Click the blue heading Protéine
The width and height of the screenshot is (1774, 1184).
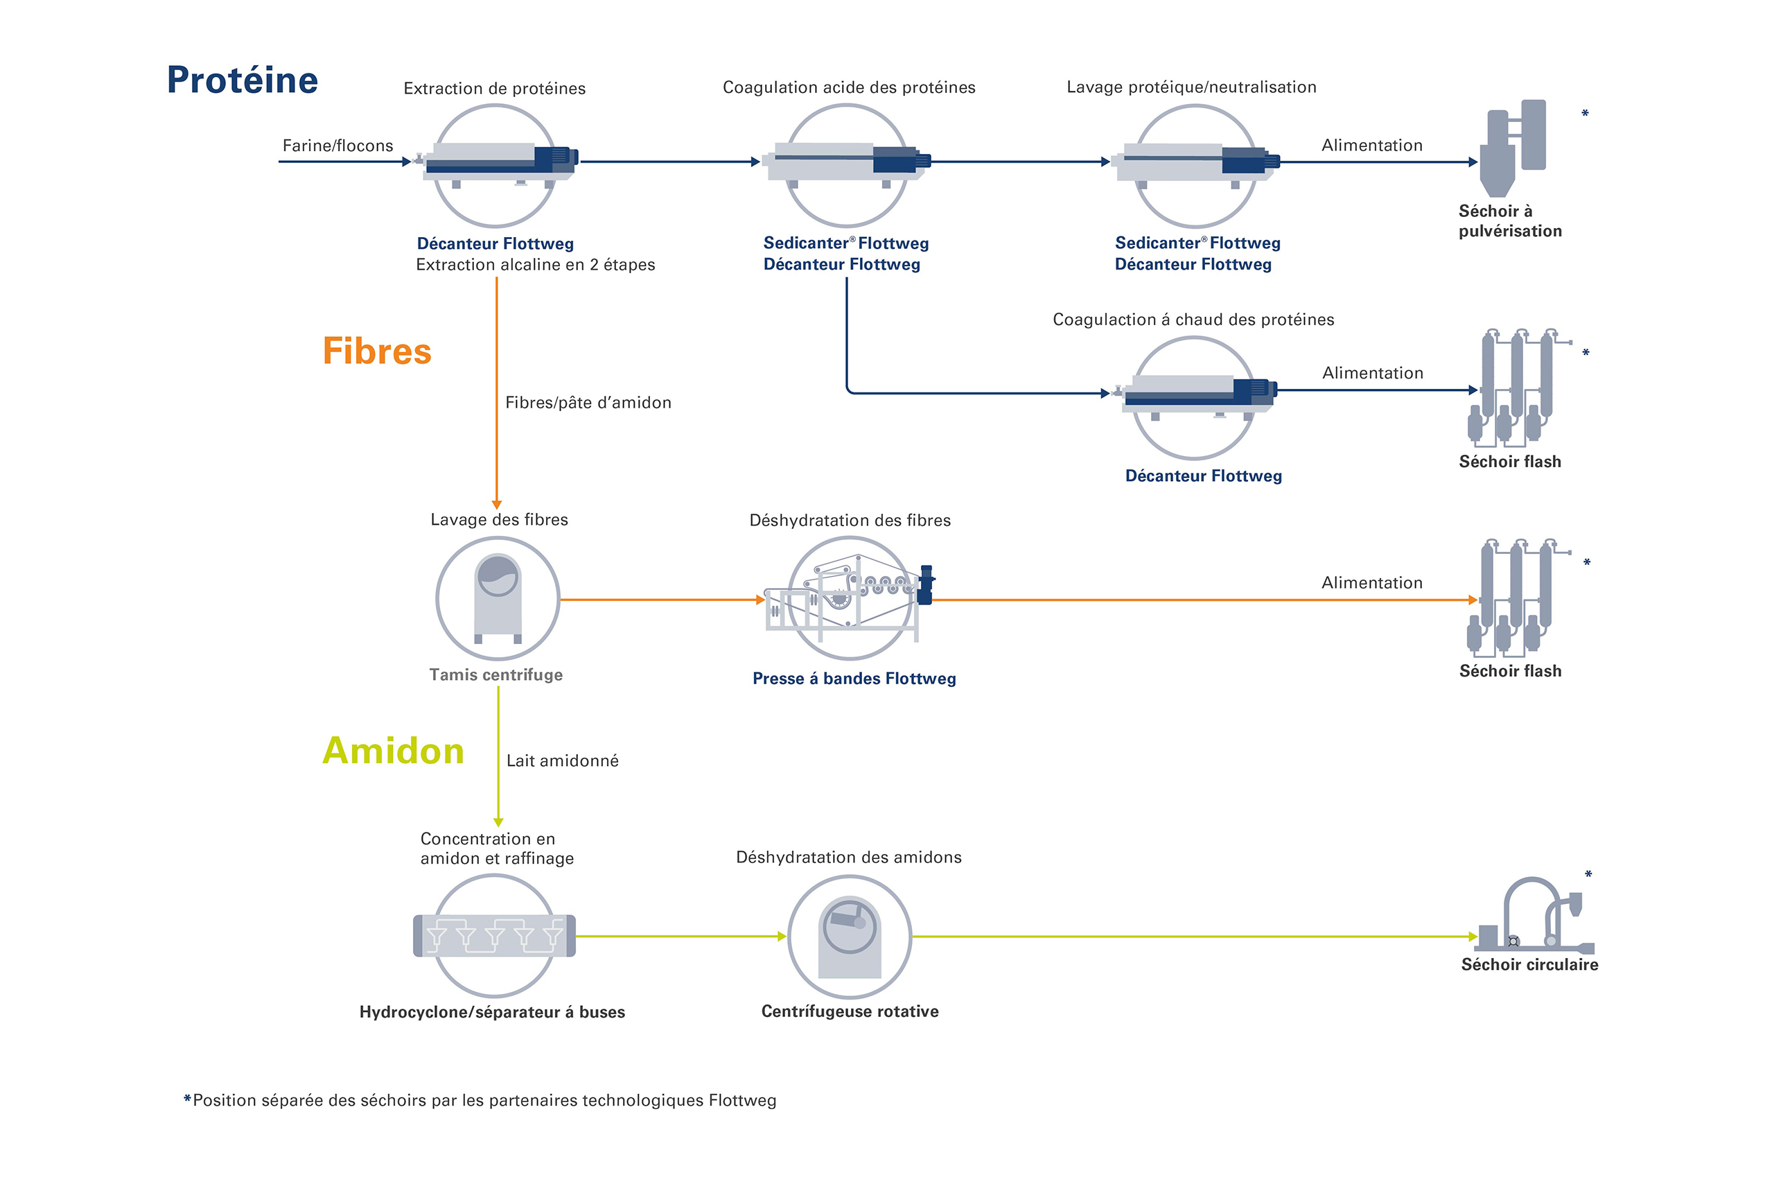point(243,80)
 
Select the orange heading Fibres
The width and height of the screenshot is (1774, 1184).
point(377,351)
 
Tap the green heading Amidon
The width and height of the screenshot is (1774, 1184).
point(392,751)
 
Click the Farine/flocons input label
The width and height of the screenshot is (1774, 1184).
point(337,146)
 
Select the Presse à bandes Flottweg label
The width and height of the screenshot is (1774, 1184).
point(854,679)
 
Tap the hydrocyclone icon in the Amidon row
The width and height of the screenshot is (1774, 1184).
point(495,936)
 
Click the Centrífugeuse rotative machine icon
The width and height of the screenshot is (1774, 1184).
point(850,937)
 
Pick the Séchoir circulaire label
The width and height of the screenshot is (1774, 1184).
point(1529,965)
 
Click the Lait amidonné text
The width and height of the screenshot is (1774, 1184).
point(563,761)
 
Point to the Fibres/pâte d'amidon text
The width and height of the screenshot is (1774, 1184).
point(588,403)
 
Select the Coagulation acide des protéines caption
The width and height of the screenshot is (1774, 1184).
point(848,87)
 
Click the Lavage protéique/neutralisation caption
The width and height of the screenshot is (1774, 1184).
point(1191,87)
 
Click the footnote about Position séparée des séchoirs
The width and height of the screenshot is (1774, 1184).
point(480,1101)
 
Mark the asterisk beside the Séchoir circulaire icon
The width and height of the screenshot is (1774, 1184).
point(1588,875)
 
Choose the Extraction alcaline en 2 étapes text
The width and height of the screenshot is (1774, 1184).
point(535,265)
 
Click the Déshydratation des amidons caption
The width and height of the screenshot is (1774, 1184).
point(848,857)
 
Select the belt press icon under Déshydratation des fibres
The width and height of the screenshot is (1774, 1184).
point(850,598)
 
